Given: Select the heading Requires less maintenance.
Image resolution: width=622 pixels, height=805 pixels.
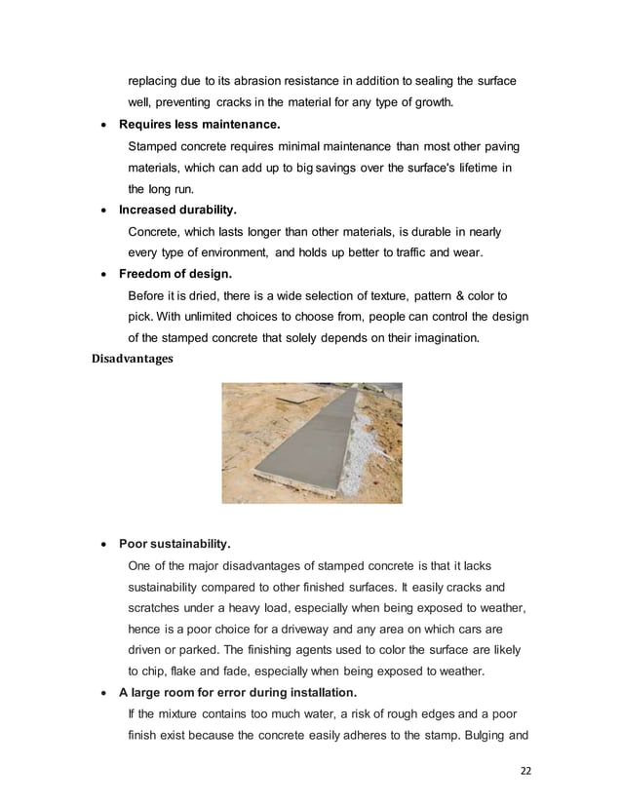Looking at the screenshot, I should click(x=199, y=125).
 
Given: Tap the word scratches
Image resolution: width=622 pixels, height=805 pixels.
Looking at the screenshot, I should click(x=159, y=608).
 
